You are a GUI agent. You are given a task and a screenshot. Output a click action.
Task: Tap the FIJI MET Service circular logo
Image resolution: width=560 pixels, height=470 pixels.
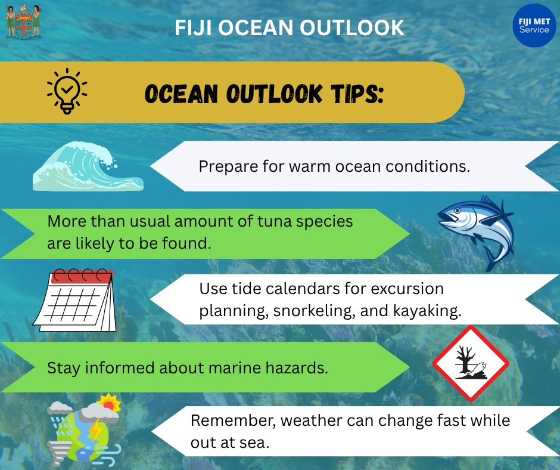click(534, 26)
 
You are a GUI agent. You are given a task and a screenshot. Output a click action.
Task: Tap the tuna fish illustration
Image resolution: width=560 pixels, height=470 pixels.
click(477, 230)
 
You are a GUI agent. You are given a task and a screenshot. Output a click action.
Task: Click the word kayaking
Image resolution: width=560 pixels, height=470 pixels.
click(431, 311)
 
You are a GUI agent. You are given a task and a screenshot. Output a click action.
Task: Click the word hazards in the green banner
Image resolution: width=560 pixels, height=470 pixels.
click(298, 368)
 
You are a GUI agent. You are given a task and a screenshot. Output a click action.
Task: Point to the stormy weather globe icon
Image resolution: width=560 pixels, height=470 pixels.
click(83, 429)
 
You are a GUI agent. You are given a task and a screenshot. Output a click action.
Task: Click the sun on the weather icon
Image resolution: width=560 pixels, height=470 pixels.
click(110, 404)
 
